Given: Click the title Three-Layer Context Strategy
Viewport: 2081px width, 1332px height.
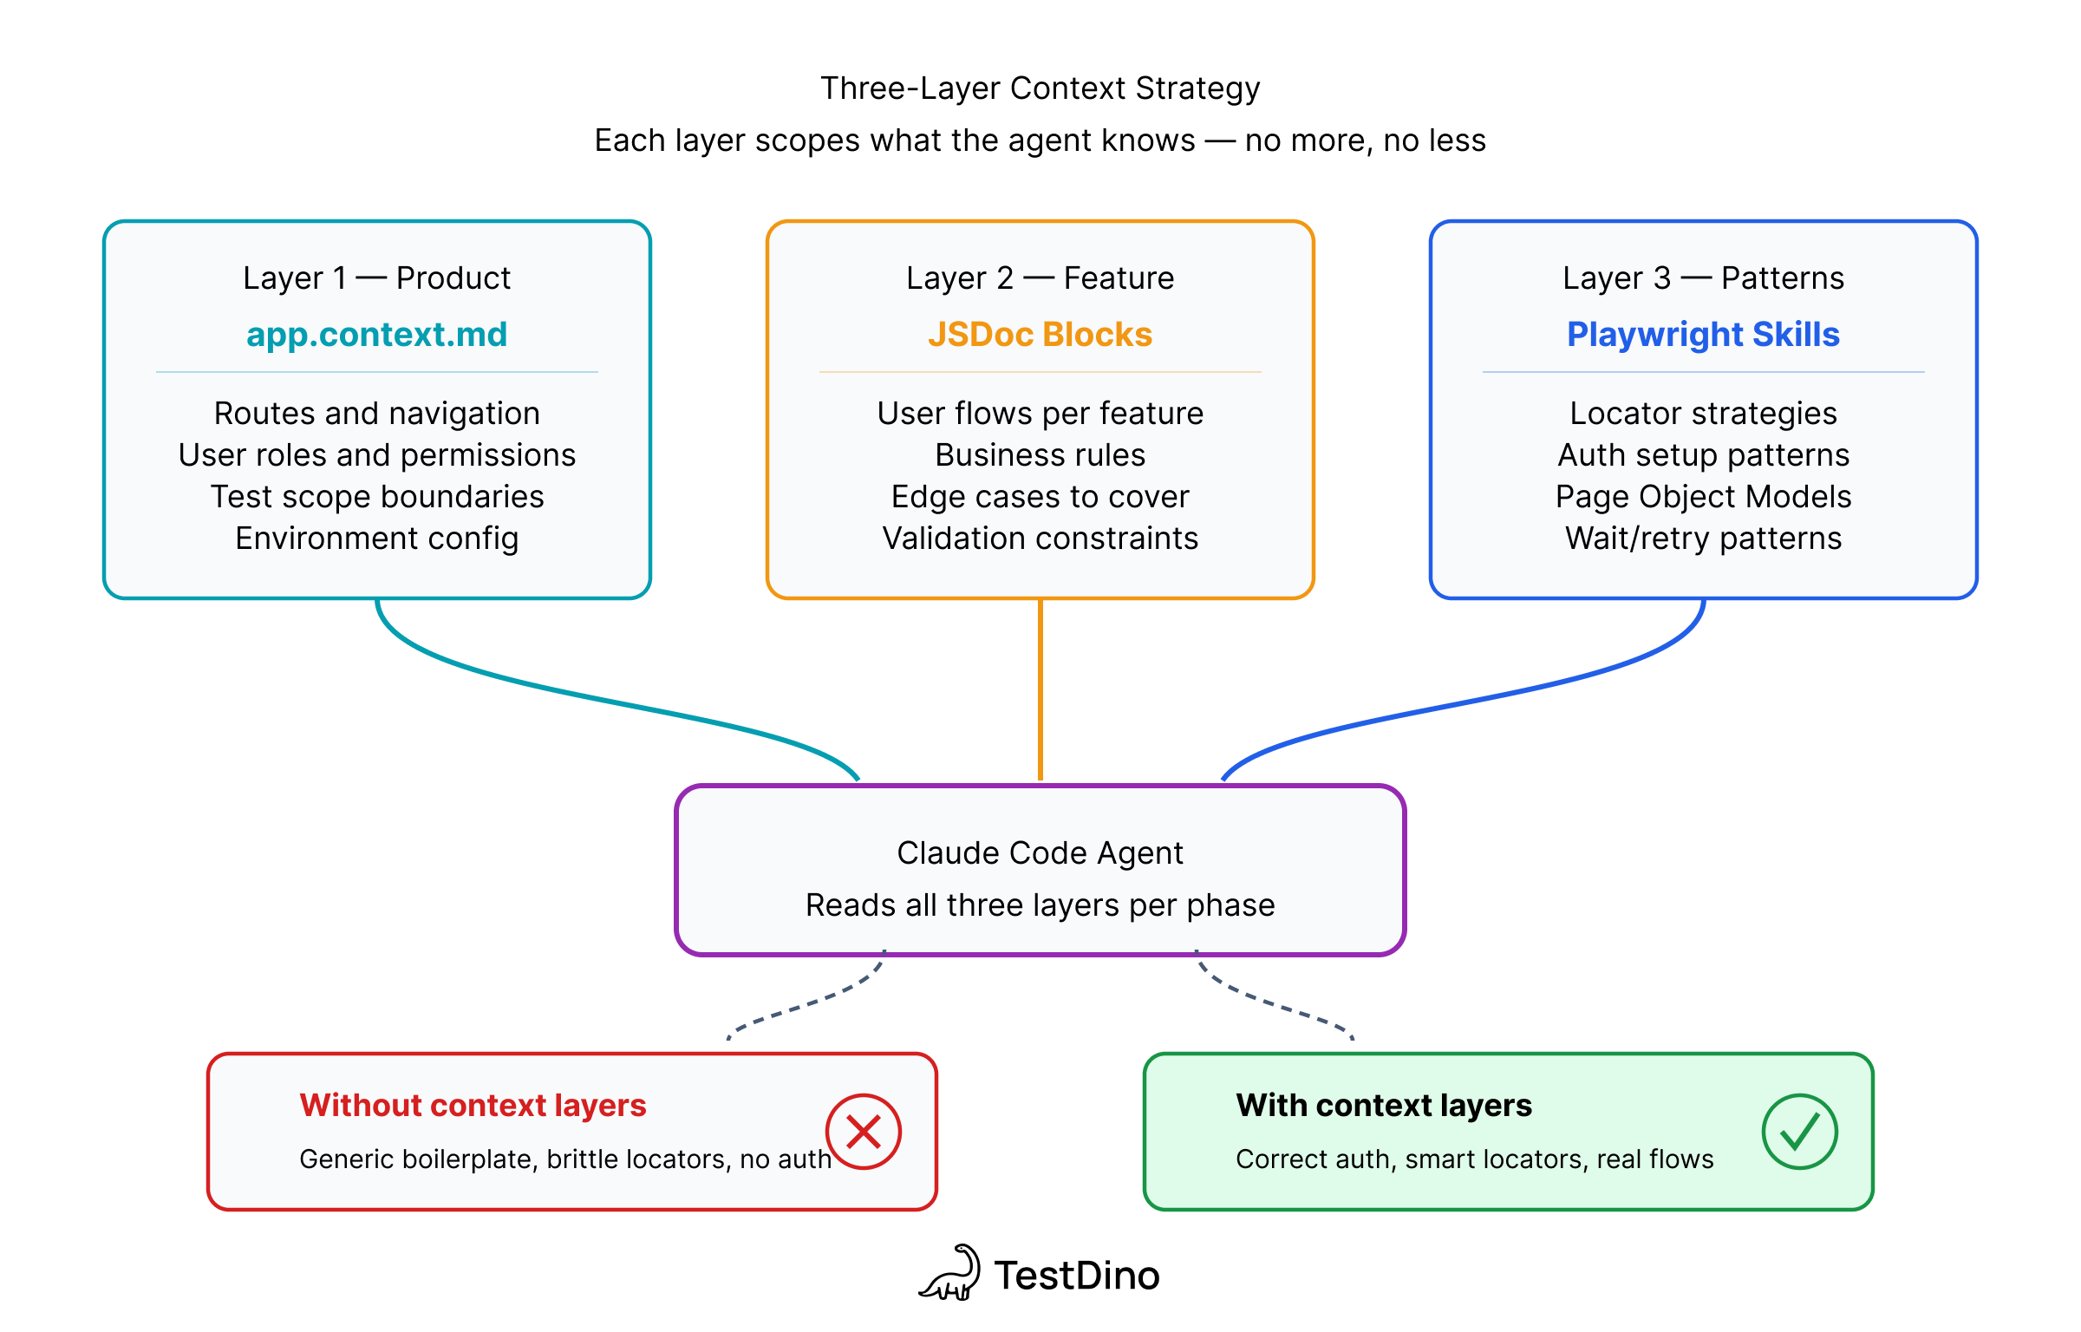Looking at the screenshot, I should pos(1040,88).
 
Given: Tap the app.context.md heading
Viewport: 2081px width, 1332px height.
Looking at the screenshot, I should pos(376,335).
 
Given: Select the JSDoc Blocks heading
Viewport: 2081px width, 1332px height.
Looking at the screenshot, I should pos(1040,335).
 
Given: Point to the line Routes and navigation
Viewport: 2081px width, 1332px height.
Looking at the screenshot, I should pos(376,414).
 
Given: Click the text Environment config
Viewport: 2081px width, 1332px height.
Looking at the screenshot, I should pos(376,539).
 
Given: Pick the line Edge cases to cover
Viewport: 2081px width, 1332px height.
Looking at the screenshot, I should pos(1040,497).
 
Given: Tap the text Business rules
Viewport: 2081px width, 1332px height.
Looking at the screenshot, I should pos(1040,455).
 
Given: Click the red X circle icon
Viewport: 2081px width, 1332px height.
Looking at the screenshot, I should pos(863,1132).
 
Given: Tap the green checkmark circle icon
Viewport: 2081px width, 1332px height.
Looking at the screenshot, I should pos(1799,1132).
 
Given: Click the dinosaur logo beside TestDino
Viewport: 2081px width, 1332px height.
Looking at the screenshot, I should pos(951,1274).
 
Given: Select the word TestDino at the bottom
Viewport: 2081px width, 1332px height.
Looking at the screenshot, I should pos(1076,1276).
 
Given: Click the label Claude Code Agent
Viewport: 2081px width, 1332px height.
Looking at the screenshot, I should pos(1040,853).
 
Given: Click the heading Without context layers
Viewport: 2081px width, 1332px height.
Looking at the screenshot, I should pos(473,1106).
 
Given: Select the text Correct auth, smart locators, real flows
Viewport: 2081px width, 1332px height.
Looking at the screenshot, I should pos(1474,1159).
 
